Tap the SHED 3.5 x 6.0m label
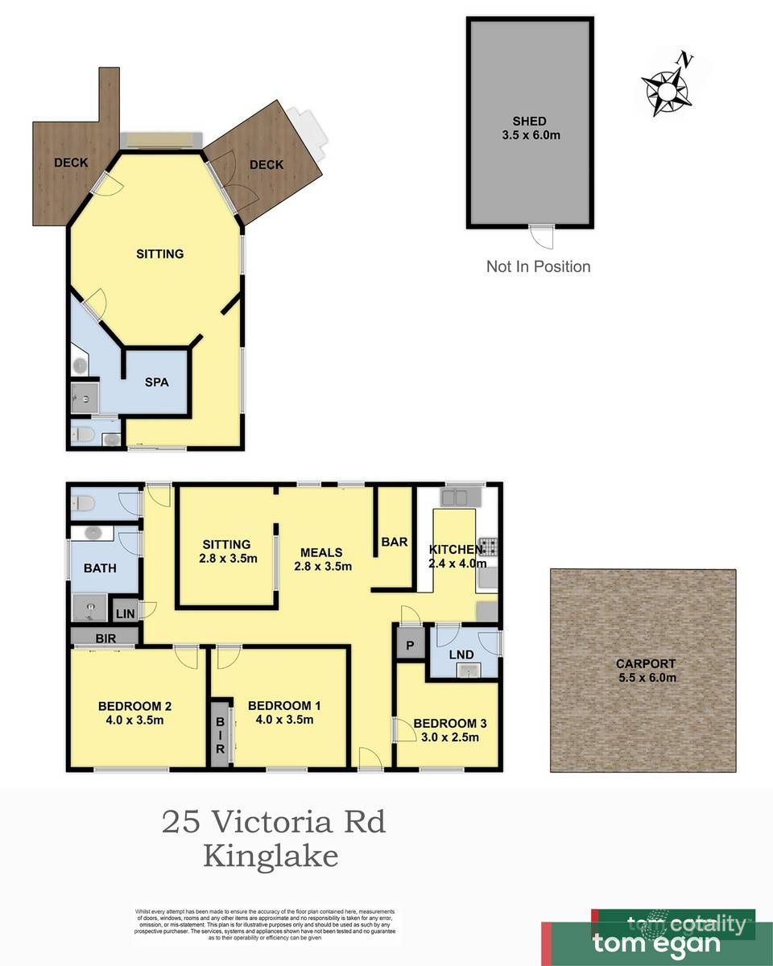[x=530, y=129]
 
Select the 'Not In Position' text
[x=538, y=266]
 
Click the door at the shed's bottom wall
[x=542, y=235]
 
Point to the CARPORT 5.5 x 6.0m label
[x=645, y=671]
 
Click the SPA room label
[x=156, y=382]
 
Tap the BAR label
[x=395, y=542]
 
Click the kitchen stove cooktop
[x=488, y=547]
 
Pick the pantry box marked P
[x=409, y=644]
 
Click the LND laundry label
[x=462, y=654]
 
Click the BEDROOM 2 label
[x=134, y=713]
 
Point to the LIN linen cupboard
[x=124, y=613]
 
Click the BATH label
[x=100, y=568]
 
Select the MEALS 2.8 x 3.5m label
[x=321, y=559]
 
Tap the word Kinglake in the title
[x=271, y=855]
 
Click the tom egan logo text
[x=656, y=943]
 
